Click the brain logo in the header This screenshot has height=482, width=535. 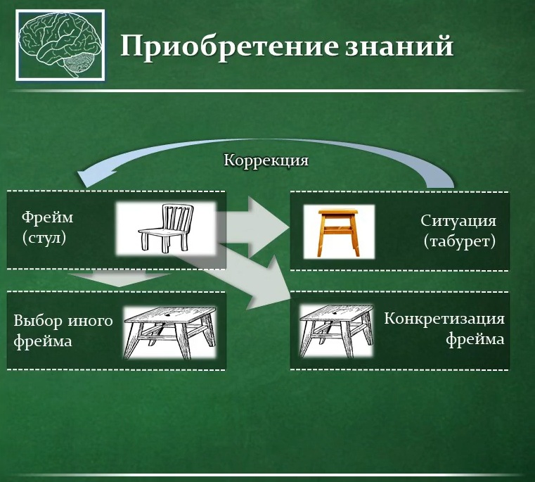click(60, 45)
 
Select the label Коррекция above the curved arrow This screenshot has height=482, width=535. click(266, 160)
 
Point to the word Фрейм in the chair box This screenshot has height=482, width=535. click(47, 217)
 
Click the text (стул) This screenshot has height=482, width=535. click(44, 238)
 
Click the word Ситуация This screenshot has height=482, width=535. click(459, 221)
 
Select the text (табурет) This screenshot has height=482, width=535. click(460, 242)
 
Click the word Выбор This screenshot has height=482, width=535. click(37, 322)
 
